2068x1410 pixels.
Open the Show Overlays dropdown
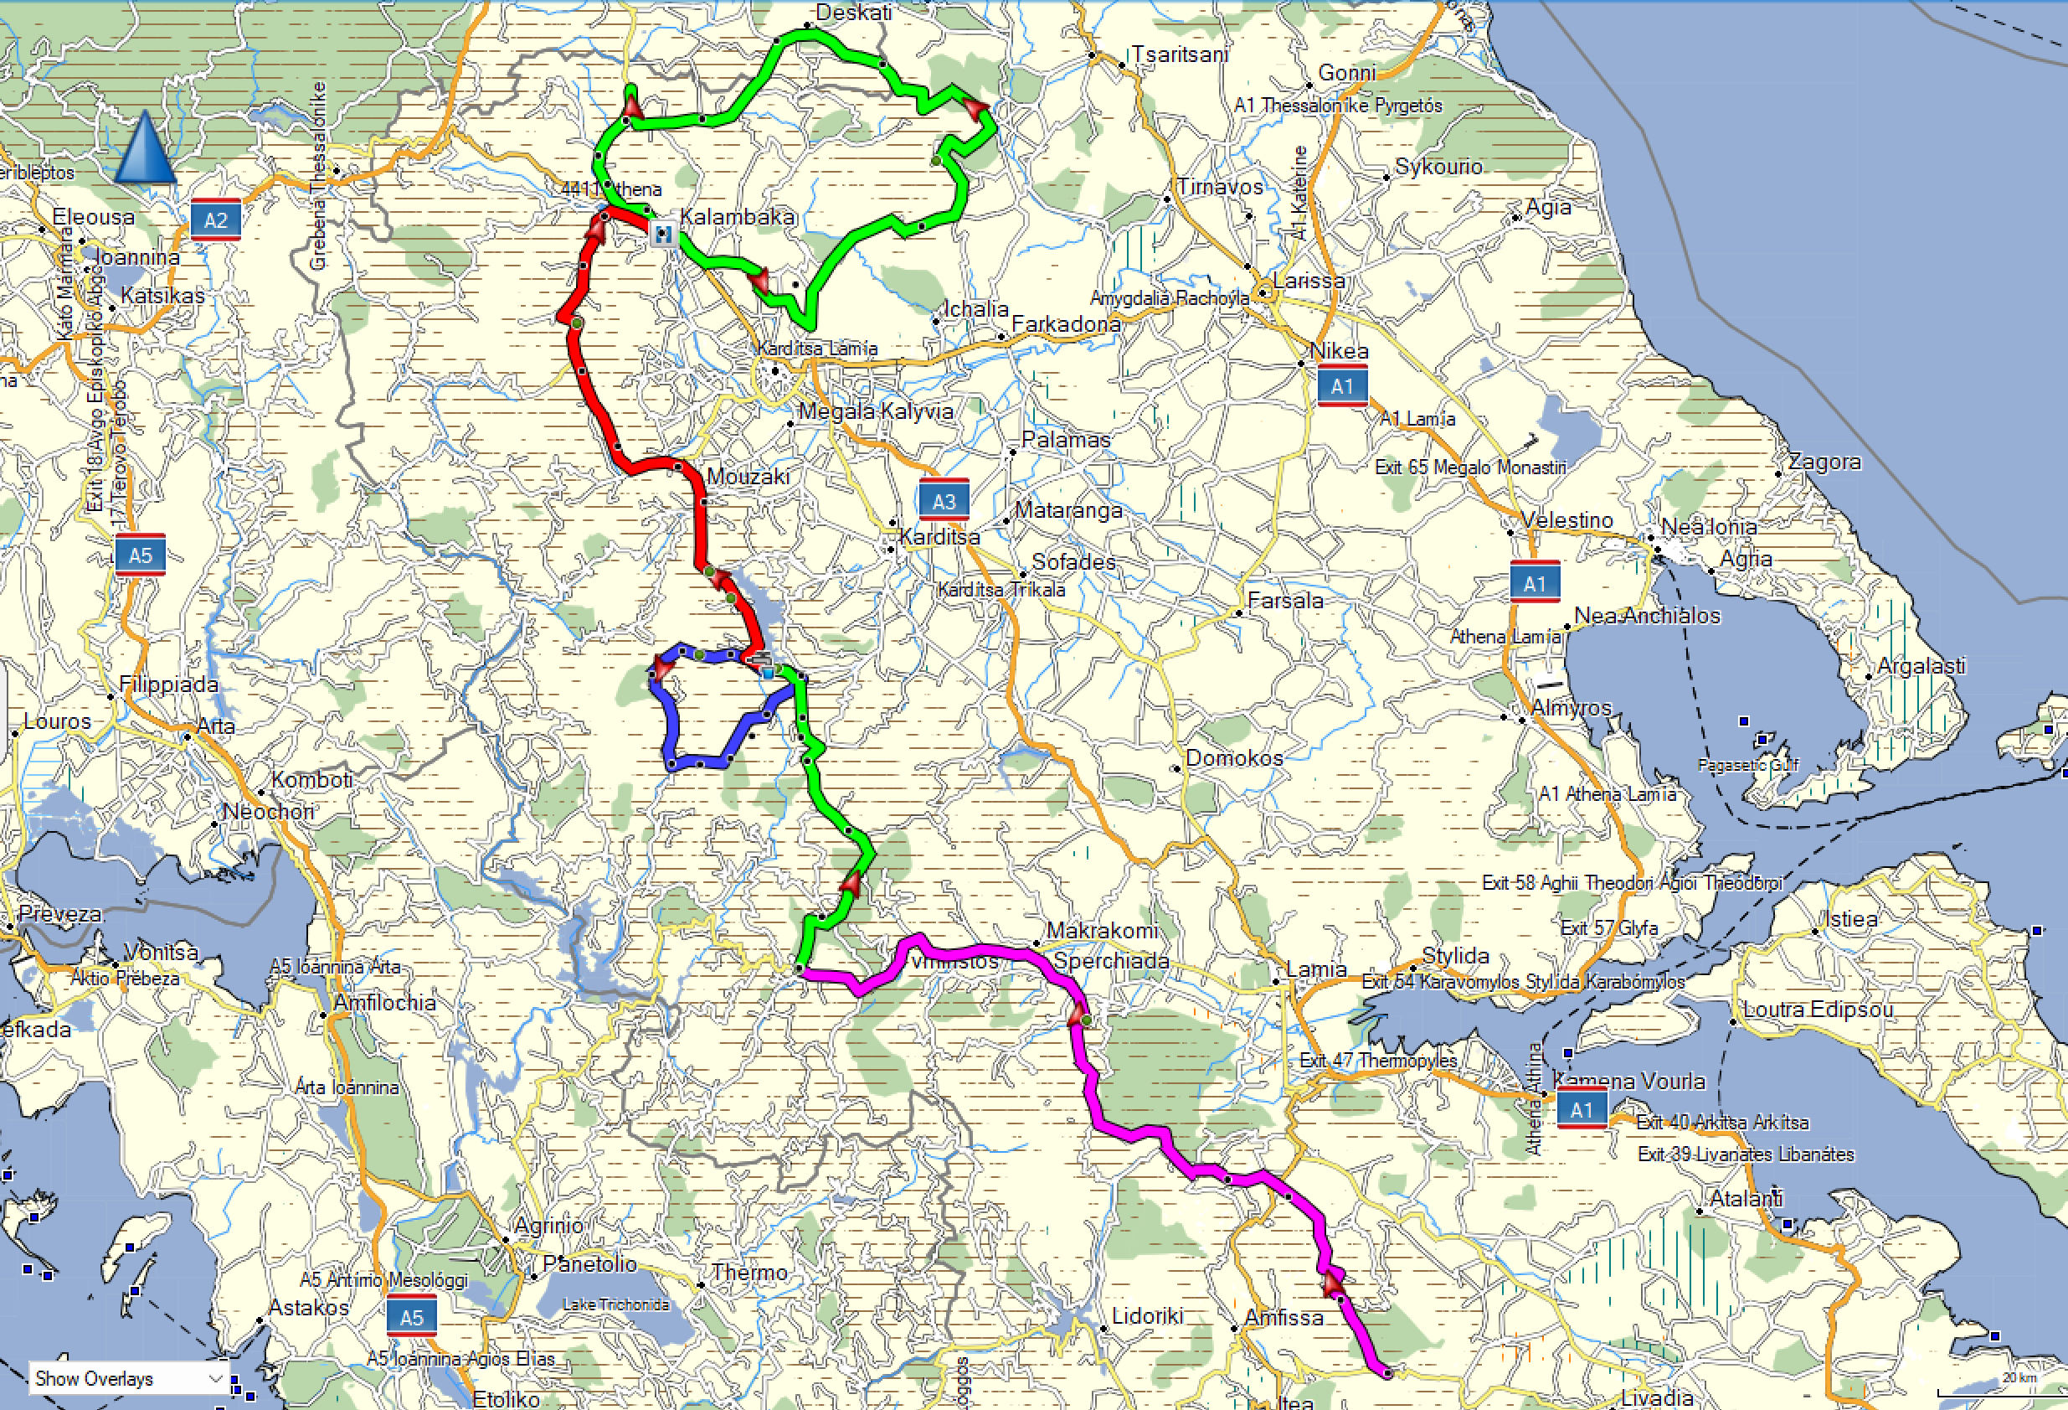129,1379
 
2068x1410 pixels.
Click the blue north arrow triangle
145,147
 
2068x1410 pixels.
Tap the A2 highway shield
215,220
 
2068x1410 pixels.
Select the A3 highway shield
944,501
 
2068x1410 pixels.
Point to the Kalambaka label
737,216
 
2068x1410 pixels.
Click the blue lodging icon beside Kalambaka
662,235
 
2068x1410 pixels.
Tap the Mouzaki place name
748,476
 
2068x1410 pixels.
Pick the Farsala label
1285,601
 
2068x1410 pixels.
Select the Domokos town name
1234,757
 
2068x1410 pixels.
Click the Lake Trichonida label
615,1304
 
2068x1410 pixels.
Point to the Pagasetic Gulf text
1747,765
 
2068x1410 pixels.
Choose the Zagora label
1824,461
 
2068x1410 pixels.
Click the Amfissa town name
1283,1316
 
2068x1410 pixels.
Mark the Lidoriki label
1147,1314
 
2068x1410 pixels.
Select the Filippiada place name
169,684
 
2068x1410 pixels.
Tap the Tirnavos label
1220,187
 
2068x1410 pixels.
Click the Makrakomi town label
1102,930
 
